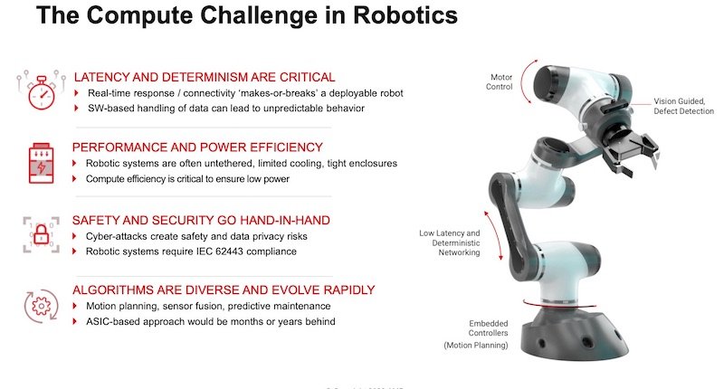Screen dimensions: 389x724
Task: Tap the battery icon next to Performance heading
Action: (x=36, y=164)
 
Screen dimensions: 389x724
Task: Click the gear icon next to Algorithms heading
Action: (x=36, y=306)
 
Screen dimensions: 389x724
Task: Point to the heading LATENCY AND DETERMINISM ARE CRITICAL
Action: (x=204, y=78)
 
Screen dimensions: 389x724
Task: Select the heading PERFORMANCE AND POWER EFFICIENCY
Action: (x=197, y=147)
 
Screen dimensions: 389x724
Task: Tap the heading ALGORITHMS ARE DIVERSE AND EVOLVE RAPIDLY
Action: (x=224, y=289)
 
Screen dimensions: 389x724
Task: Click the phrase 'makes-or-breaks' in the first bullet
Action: (x=304, y=93)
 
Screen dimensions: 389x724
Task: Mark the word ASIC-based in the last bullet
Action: (x=115, y=322)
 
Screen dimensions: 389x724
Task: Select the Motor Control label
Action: (x=500, y=82)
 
